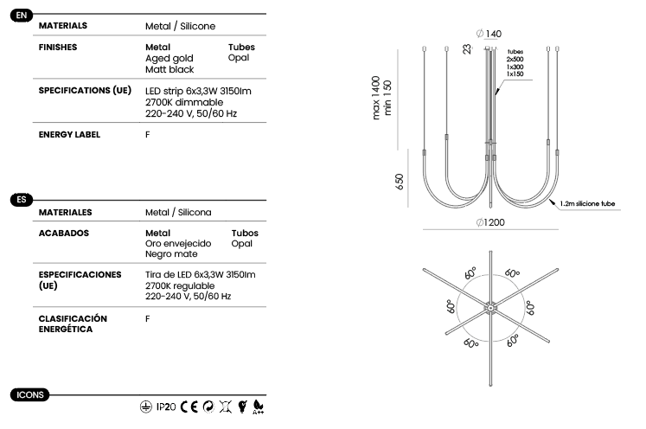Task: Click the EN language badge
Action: tap(22, 16)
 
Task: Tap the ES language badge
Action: tap(22, 200)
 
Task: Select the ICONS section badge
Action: tap(29, 394)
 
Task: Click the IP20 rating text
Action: tap(166, 407)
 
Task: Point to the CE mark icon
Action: tap(189, 407)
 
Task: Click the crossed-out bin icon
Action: tap(226, 407)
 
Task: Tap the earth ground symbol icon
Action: tap(146, 407)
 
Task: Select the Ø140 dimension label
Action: tap(489, 34)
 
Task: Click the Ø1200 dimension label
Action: tap(490, 222)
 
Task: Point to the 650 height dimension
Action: tap(400, 182)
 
